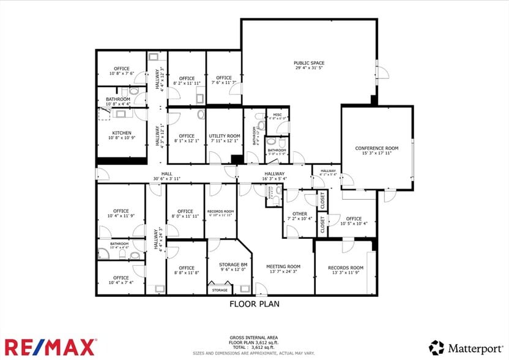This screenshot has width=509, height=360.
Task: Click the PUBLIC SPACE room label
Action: [308, 63]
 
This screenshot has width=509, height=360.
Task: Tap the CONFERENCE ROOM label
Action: [376, 148]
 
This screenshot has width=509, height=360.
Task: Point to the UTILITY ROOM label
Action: [224, 136]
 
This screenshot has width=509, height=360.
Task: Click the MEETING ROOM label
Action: [285, 266]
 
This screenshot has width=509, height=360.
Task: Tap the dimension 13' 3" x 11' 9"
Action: [346, 273]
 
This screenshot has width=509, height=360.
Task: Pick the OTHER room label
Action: [300, 214]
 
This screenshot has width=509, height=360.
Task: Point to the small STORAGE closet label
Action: [220, 290]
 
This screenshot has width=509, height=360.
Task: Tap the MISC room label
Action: [277, 114]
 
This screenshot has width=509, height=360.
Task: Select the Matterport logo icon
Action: [436, 347]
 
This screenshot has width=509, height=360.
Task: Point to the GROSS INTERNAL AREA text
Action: [254, 337]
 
